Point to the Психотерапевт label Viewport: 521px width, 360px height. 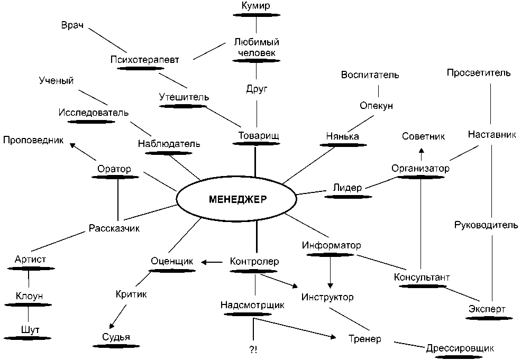tap(145, 60)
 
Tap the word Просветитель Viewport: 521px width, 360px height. tap(479, 72)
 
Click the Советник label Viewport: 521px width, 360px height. tap(423, 136)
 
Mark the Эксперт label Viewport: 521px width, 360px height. tap(487, 309)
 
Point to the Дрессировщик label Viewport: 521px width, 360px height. tap(460, 348)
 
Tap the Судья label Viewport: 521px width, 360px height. tap(116, 337)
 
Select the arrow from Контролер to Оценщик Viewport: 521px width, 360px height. tap(211, 262)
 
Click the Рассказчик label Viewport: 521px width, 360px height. tap(114, 229)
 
